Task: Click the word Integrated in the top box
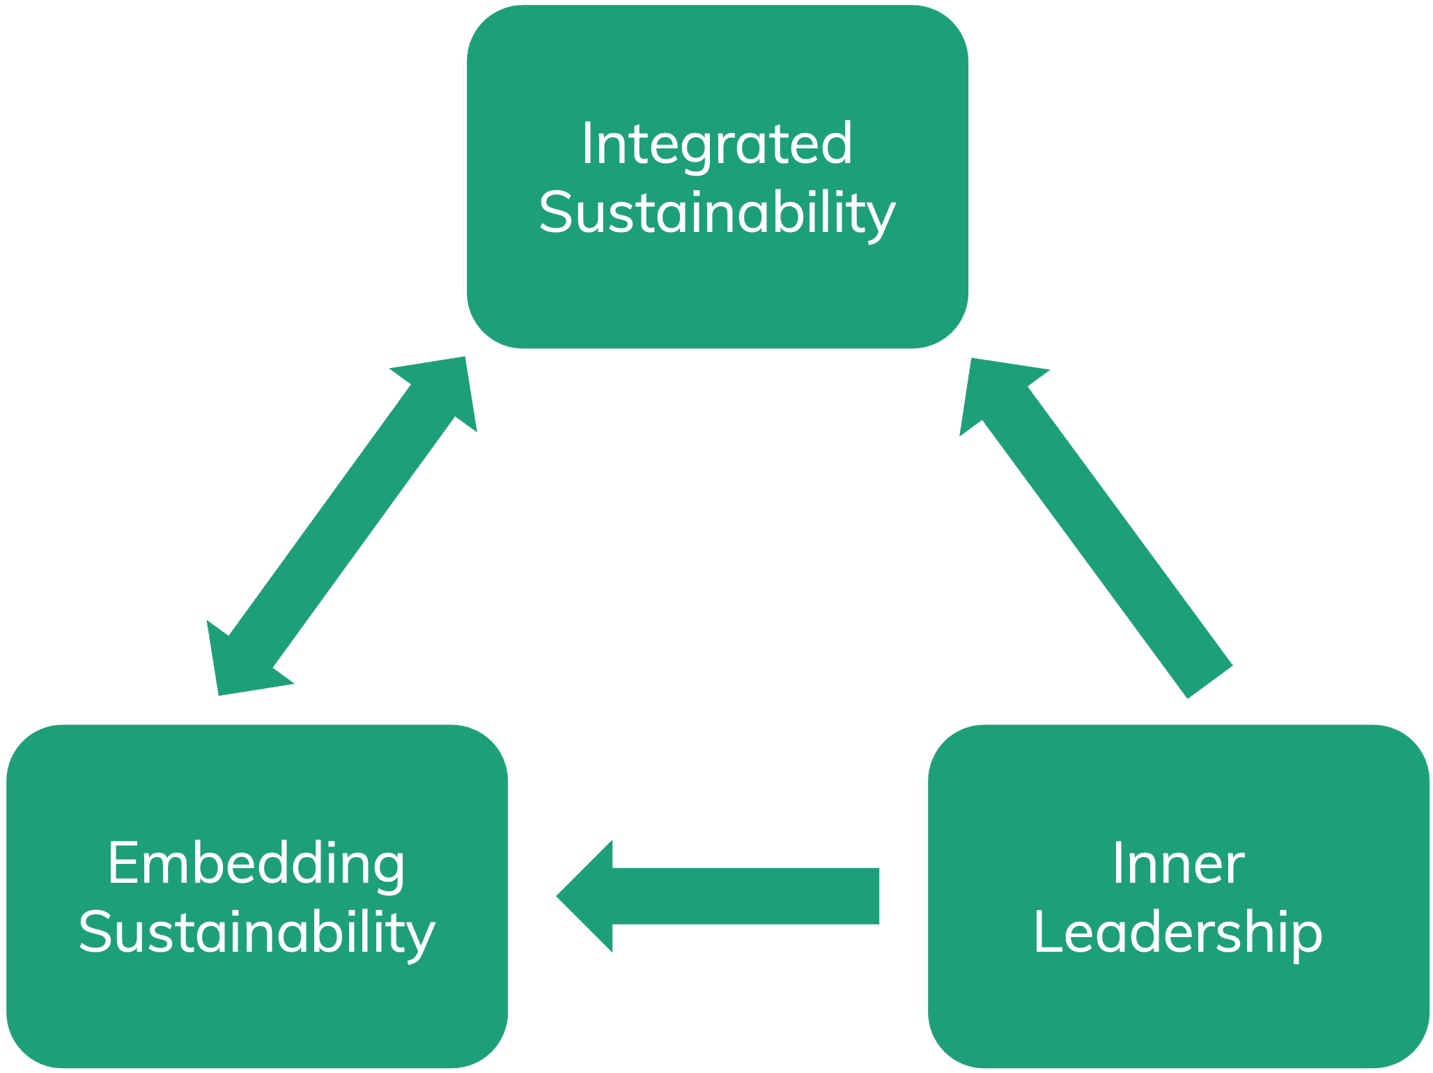[717, 144]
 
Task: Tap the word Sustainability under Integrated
[717, 213]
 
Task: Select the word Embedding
[256, 863]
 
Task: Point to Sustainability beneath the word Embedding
[256, 932]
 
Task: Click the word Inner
[1178, 863]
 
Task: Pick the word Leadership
[1177, 932]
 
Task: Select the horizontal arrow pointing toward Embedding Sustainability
[718, 896]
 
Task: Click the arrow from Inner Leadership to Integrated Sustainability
[1097, 530]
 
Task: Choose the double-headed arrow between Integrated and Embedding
[341, 526]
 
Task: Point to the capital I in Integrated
[587, 144]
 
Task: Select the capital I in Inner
[1117, 863]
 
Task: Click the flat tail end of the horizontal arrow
[878, 896]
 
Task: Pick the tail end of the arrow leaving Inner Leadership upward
[1209, 681]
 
